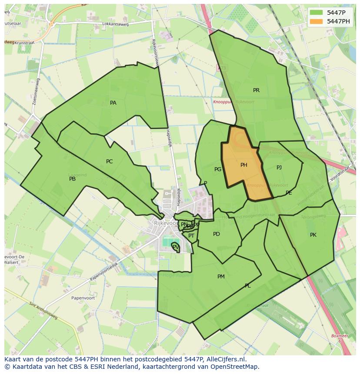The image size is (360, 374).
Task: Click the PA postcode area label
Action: point(113,103)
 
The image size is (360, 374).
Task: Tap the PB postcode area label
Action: point(72,179)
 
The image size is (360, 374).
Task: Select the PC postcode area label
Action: point(109,162)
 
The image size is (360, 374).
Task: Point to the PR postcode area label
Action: point(256,90)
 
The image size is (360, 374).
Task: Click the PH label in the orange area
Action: point(243,165)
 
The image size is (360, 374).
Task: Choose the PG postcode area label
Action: point(218,169)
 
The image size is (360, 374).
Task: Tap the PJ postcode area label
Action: point(279,168)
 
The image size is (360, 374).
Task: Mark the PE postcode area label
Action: point(289,193)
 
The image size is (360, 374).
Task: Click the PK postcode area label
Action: point(313,235)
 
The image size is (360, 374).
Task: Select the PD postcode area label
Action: point(217,234)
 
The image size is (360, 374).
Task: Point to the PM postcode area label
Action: point(221,277)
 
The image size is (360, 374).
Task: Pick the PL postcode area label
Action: point(247,286)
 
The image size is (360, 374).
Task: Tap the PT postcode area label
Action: point(191,236)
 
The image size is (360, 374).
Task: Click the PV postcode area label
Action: point(175,247)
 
